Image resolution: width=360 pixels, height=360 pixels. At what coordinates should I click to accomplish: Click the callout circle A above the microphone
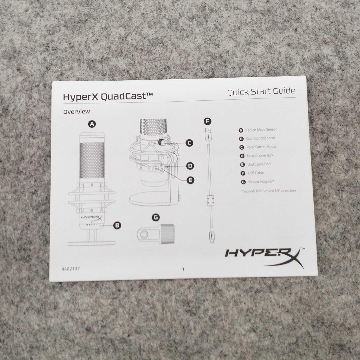click(x=92, y=124)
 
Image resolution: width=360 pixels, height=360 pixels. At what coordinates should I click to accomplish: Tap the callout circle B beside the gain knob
click(x=117, y=225)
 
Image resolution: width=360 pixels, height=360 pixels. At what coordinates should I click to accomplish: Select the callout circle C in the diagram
click(x=189, y=143)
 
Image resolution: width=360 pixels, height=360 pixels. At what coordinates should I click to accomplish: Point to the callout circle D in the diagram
click(x=190, y=166)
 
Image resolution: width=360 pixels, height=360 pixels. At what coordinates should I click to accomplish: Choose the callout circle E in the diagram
click(x=191, y=180)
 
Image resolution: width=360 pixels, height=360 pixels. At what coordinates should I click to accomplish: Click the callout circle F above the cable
click(x=207, y=121)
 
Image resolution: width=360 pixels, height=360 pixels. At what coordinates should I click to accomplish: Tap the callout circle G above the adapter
click(x=156, y=217)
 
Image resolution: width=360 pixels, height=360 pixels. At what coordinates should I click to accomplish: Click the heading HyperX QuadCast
click(x=108, y=96)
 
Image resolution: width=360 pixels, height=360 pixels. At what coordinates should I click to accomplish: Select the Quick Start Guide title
click(x=261, y=92)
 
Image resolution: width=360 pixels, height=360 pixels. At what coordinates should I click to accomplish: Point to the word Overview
click(x=76, y=112)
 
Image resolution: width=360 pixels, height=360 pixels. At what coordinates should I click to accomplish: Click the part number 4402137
click(x=71, y=269)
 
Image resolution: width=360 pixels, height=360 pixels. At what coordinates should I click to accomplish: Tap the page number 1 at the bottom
click(x=183, y=269)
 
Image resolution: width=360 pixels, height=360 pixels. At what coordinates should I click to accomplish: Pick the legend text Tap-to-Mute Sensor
click(x=261, y=130)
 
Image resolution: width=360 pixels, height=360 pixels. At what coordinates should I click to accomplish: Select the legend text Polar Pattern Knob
click(x=261, y=147)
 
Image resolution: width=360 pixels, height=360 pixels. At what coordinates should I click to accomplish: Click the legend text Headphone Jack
click(x=260, y=156)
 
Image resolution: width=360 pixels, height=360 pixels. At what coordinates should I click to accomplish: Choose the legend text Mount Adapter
click(x=261, y=182)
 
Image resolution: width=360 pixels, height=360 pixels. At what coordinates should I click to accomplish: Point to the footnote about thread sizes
click(x=269, y=191)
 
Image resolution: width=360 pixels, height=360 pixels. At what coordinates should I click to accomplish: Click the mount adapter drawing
click(x=156, y=234)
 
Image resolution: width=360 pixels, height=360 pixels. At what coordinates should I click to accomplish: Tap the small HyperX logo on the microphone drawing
click(x=91, y=218)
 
